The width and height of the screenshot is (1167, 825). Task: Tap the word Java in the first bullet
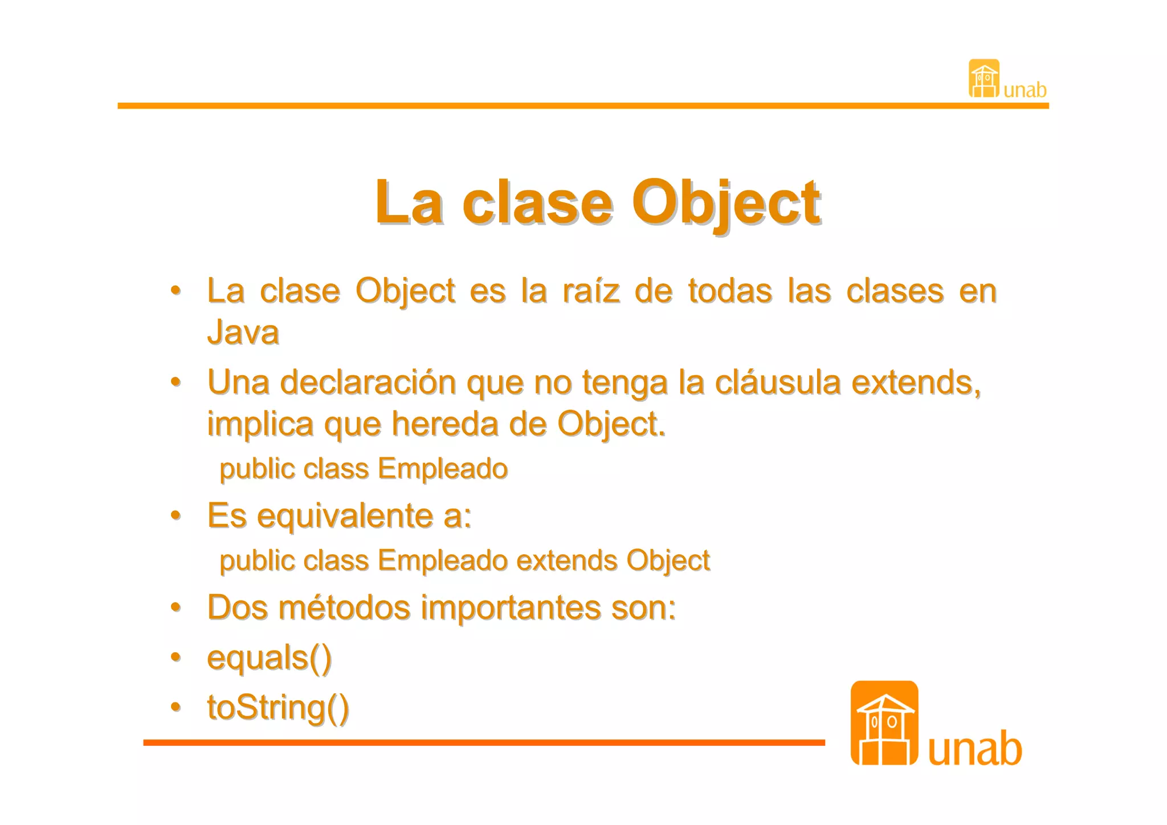click(x=243, y=332)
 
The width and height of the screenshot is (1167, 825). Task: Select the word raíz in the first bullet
click(x=591, y=291)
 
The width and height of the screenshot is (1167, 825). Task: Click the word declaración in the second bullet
click(x=368, y=382)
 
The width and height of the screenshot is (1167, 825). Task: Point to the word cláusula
click(x=777, y=382)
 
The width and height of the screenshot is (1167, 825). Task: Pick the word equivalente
click(x=345, y=516)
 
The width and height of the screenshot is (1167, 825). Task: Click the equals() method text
click(x=269, y=658)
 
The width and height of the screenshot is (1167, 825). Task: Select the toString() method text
click(x=278, y=708)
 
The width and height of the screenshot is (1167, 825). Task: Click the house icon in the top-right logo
click(x=984, y=79)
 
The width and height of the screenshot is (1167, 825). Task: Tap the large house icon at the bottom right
click(x=884, y=723)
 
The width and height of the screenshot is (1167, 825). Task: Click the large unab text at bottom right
click(x=974, y=748)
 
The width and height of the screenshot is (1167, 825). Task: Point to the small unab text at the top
click(x=1025, y=90)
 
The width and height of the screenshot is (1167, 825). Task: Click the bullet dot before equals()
click(x=176, y=657)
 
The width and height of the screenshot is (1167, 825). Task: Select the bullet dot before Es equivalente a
click(x=176, y=515)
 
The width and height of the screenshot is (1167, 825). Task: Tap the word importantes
click(x=511, y=607)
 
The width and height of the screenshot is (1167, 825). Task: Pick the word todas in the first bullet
click(x=730, y=291)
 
